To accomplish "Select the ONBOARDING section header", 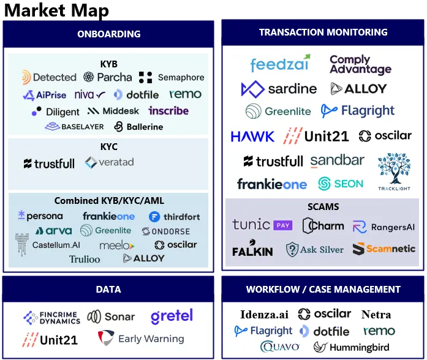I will pyautogui.click(x=108, y=34).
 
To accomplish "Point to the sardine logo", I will pyautogui.click(x=279, y=89).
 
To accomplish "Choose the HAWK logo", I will pyautogui.click(x=252, y=136).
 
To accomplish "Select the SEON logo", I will pyautogui.click(x=341, y=184).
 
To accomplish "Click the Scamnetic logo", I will pyautogui.click(x=384, y=249).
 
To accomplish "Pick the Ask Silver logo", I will pyautogui.click(x=315, y=249).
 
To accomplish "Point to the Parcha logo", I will pyautogui.click(x=108, y=77).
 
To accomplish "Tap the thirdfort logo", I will pyautogui.click(x=174, y=217).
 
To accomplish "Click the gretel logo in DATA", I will pyautogui.click(x=172, y=317).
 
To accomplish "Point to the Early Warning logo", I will pyautogui.click(x=142, y=339).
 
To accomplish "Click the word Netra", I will pyautogui.click(x=376, y=315).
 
